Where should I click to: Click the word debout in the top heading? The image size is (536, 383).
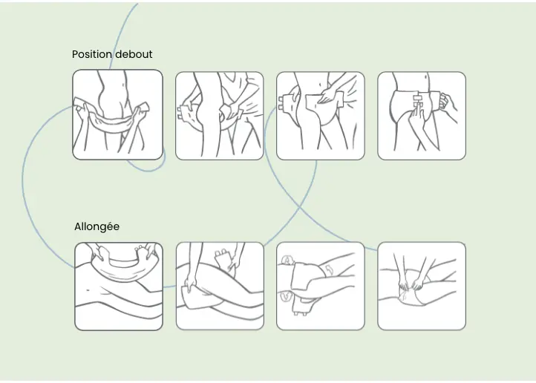(x=134, y=54)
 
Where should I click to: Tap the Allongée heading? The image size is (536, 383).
(x=97, y=226)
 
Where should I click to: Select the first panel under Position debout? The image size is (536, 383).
(x=117, y=114)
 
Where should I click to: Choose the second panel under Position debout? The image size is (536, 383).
(x=219, y=115)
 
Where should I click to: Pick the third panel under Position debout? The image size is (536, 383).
(x=320, y=115)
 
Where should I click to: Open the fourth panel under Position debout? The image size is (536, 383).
(x=421, y=115)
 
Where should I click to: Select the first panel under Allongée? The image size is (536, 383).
(x=118, y=286)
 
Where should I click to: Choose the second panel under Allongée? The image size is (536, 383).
(x=219, y=286)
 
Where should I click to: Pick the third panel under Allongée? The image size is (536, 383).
(x=320, y=286)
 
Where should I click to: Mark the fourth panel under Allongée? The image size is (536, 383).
(x=421, y=286)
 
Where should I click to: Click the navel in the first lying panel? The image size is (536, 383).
(x=90, y=288)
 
